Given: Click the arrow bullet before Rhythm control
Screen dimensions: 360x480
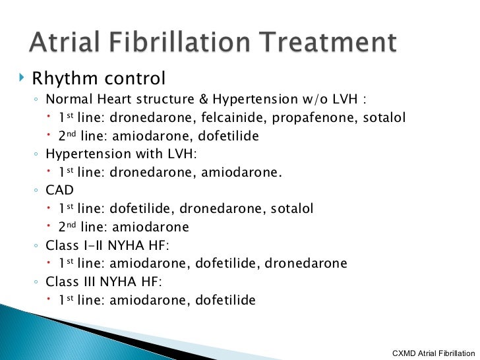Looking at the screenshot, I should [22, 78].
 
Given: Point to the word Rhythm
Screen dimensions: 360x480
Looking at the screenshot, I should [65, 79].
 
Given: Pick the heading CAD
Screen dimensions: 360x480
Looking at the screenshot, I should [60, 191].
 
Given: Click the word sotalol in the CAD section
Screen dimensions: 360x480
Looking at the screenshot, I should [292, 209].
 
